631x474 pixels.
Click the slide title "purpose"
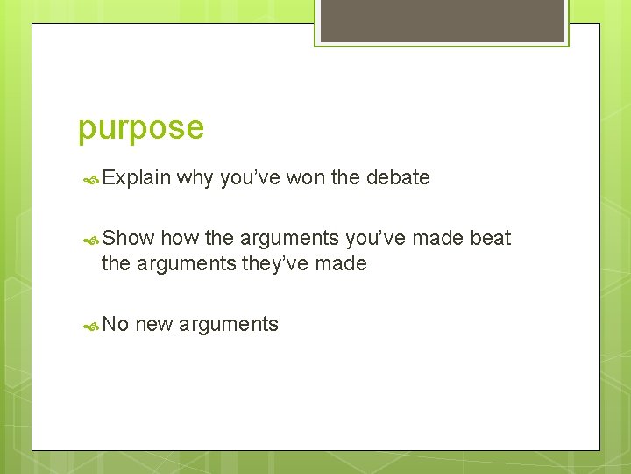(x=141, y=128)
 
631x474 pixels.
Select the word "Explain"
(x=136, y=177)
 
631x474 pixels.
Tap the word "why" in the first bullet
(x=195, y=177)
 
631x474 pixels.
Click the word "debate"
(x=398, y=177)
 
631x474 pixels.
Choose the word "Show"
(x=128, y=238)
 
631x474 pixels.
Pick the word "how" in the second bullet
(x=180, y=238)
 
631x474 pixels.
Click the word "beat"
(x=490, y=238)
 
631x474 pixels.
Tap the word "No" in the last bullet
(x=116, y=324)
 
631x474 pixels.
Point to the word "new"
(x=154, y=324)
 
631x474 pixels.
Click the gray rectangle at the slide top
(x=442, y=20)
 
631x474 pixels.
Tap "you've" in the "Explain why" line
(x=249, y=177)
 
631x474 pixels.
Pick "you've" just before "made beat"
(x=375, y=238)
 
